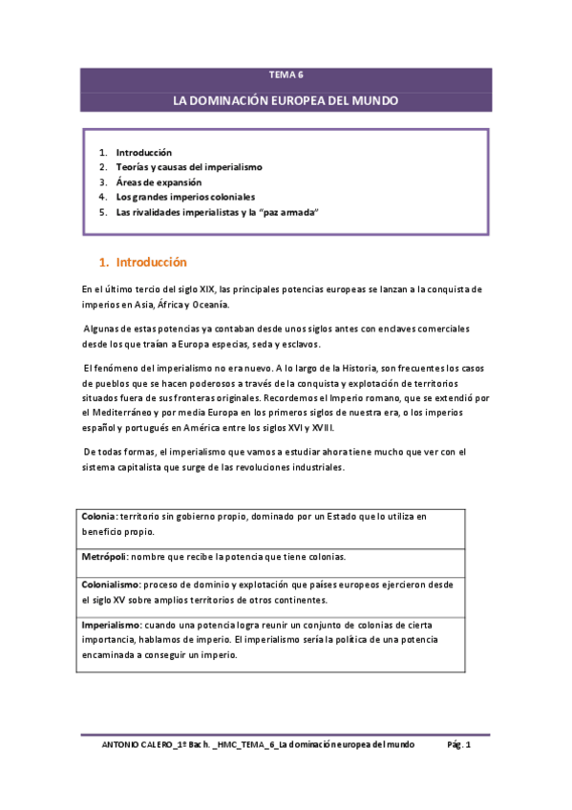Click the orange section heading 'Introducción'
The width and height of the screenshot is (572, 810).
pos(151,262)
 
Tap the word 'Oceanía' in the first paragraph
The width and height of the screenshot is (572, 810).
pos(208,304)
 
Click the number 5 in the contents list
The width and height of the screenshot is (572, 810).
pos(102,213)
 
